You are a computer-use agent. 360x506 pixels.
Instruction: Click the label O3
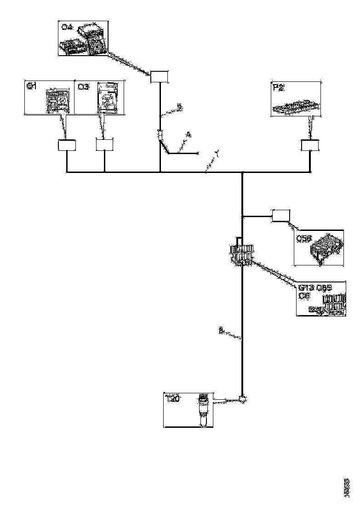pyautogui.click(x=83, y=86)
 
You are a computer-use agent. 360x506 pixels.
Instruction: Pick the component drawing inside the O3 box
pyautogui.click(x=108, y=98)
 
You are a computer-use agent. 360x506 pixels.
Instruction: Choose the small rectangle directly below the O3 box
pyautogui.click(x=105, y=145)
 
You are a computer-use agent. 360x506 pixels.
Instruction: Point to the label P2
pyautogui.click(x=279, y=87)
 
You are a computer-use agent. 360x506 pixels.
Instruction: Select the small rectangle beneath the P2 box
pyautogui.click(x=310, y=146)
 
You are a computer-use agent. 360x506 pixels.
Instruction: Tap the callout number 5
pyautogui.click(x=180, y=107)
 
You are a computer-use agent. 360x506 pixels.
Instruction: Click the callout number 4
pyautogui.click(x=188, y=135)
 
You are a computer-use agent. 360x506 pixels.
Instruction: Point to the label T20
pyautogui.click(x=172, y=399)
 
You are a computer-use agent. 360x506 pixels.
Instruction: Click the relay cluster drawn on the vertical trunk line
pyautogui.click(x=241, y=254)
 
